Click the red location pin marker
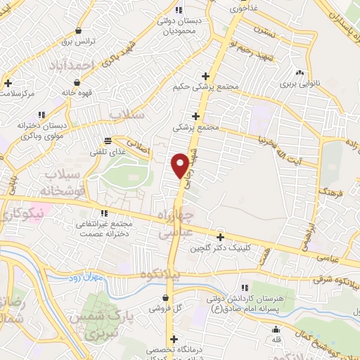pos(180,165)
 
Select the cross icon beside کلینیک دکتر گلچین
pos(221,238)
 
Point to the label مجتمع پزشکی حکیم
pos(206,87)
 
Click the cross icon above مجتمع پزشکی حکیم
pos(205,76)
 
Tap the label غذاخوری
pos(244,8)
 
